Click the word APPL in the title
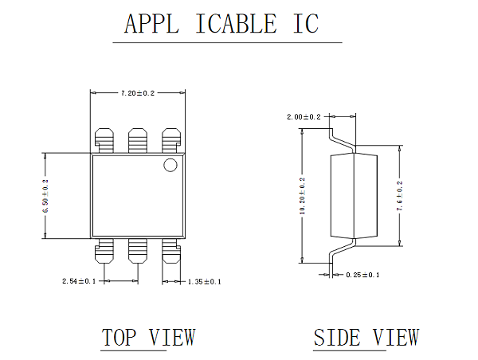(x=151, y=23)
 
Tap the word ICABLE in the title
(x=236, y=23)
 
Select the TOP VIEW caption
(x=148, y=337)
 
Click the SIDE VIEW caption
(x=366, y=337)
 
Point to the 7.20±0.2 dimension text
(x=138, y=93)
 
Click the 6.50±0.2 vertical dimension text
(x=45, y=196)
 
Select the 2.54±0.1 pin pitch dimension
(x=79, y=280)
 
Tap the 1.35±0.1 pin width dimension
(x=204, y=281)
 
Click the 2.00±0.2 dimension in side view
(x=304, y=117)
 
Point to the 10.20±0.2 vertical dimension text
(x=302, y=196)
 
